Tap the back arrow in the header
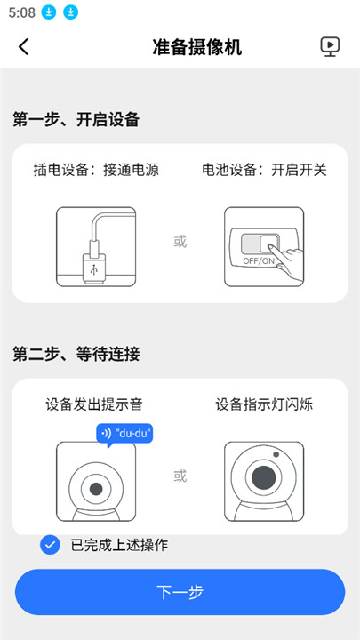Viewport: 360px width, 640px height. pos(24,47)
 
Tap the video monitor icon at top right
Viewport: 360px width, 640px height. pos(331,47)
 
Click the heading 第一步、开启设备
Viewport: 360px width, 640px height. pos(76,119)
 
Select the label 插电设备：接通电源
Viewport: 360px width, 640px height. pos(96,169)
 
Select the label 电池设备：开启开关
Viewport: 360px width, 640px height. pos(264,169)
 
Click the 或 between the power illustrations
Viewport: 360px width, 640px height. pos(180,241)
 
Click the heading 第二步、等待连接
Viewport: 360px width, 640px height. pos(76,354)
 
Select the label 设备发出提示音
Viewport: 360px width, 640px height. pos(94,404)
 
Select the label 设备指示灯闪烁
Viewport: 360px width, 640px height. pos(264,404)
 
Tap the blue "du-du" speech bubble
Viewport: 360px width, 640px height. pos(124,434)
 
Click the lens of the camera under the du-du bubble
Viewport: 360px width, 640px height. pos(95,490)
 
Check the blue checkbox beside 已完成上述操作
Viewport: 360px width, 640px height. pos(51,545)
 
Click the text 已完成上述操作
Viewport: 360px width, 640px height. pos(119,545)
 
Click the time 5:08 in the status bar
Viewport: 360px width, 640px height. pos(21,12)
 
